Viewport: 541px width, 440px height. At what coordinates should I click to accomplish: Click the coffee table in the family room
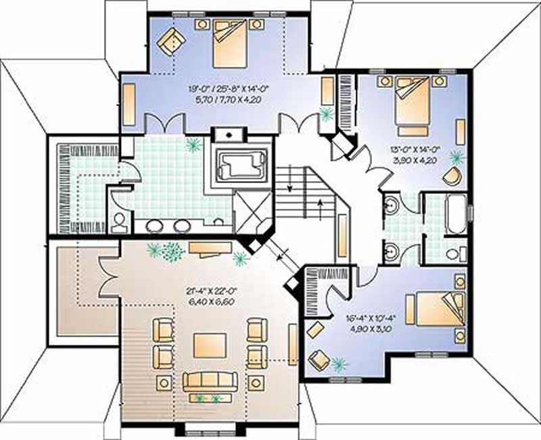[x=206, y=345]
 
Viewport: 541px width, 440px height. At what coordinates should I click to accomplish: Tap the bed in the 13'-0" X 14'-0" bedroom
[x=412, y=105]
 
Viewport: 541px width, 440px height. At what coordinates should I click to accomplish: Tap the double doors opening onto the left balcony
[x=108, y=278]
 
